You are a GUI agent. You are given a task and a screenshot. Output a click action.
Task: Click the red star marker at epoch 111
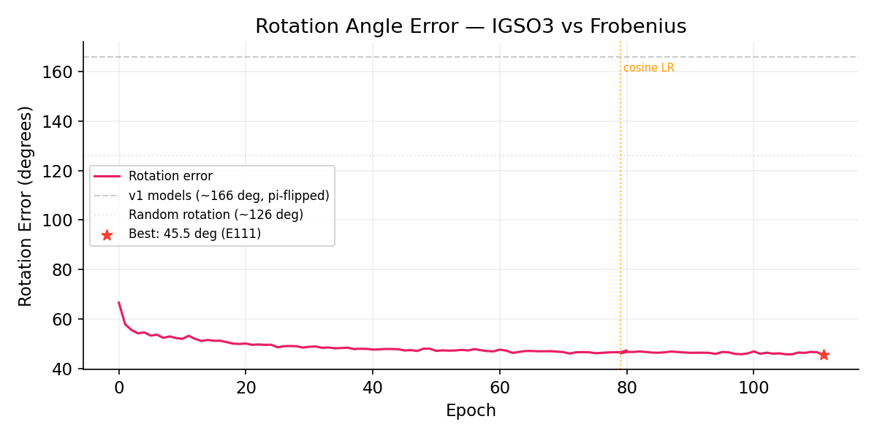[x=824, y=355]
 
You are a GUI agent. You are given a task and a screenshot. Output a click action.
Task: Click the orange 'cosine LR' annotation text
[x=648, y=68]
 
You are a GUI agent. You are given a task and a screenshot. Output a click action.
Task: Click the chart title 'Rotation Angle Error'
[x=471, y=27]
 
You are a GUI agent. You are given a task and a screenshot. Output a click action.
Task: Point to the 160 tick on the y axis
[x=62, y=72]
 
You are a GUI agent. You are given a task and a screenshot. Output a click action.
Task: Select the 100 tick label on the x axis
[x=753, y=388]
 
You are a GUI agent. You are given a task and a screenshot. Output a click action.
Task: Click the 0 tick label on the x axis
[x=119, y=388]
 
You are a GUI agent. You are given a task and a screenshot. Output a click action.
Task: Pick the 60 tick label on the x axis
[x=499, y=388]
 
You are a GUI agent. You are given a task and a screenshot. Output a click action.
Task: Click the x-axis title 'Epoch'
[x=471, y=411]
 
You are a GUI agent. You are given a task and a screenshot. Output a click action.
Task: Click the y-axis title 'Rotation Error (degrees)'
[x=26, y=206]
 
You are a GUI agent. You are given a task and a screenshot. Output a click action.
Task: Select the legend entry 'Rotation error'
[x=170, y=176]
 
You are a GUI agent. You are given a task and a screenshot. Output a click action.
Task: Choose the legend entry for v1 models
[x=229, y=196]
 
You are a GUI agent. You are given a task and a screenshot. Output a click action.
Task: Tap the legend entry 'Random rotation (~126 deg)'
[x=216, y=215]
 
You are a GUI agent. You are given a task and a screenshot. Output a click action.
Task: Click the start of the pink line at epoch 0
[x=119, y=302]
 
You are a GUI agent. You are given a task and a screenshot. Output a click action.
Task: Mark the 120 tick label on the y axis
[x=62, y=171]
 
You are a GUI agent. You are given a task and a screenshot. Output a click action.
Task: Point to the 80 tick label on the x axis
[x=626, y=388]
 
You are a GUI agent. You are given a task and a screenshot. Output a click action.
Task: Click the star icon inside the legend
[x=107, y=235]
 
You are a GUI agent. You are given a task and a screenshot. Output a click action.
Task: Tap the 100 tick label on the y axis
[x=62, y=220]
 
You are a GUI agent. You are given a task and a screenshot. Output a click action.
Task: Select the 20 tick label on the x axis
[x=246, y=388]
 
